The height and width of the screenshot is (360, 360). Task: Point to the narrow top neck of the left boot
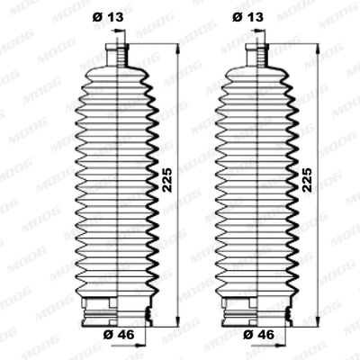click(117, 54)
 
